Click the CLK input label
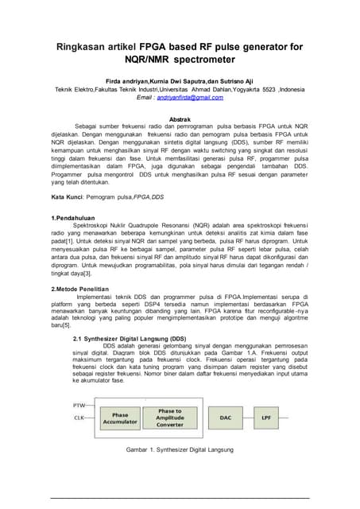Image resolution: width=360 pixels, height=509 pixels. tap(79, 417)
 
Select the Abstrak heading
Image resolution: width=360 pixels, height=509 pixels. tap(180, 118)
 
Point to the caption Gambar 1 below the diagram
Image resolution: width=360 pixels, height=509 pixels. tap(180, 450)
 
